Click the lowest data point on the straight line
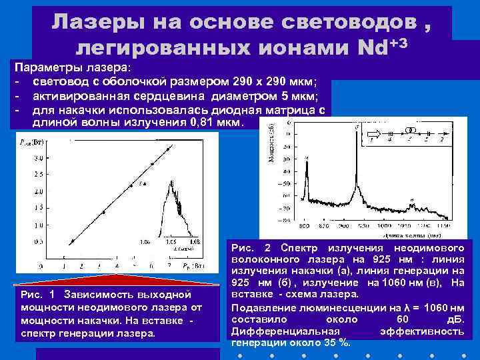pyautogui.click(x=73, y=240)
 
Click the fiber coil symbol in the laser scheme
pyautogui.click(x=411, y=129)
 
